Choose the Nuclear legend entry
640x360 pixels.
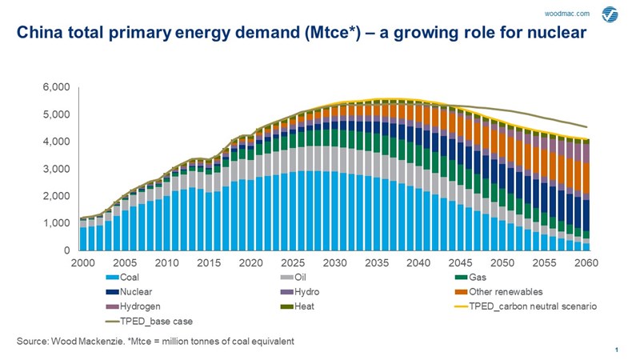137,292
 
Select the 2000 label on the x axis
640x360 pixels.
84,262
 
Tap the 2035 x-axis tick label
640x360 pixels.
377,262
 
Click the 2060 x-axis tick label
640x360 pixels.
586,262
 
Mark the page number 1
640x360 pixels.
617,350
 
